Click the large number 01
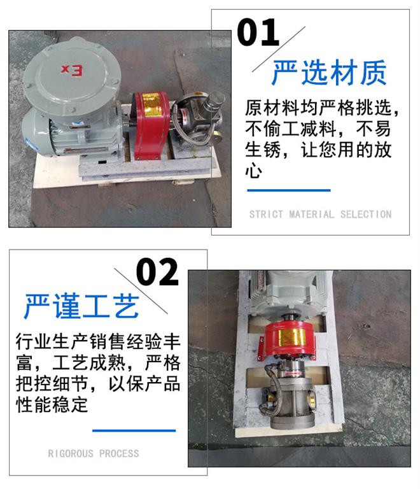[258, 32]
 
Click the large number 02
[157, 272]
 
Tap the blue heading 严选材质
[329, 73]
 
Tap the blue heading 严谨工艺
[81, 306]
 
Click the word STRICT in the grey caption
[266, 214]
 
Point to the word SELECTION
[366, 214]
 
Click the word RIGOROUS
[71, 453]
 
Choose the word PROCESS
[119, 453]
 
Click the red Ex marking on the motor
[72, 70]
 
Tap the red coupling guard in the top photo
[150, 125]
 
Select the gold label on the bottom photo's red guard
[291, 337]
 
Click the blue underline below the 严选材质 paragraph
[289, 190]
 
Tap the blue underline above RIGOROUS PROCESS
[134, 430]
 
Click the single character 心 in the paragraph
[253, 170]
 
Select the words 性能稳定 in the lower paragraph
[52, 404]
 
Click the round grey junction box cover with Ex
[72, 75]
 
